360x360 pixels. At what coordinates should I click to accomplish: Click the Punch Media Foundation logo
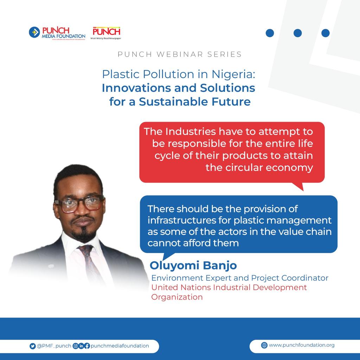(57, 33)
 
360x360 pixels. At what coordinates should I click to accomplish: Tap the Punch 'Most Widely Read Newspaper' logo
(106, 33)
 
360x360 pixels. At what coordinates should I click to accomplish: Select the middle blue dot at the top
(297, 33)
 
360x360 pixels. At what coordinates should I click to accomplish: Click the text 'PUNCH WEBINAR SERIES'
(180, 54)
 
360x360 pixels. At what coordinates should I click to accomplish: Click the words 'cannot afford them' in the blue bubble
(193, 243)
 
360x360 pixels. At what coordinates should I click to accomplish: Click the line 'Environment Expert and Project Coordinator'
(240, 278)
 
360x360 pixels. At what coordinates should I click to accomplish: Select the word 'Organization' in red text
(177, 297)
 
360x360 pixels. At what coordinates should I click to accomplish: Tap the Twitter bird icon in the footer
(33, 346)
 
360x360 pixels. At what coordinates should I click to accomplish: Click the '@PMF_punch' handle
(54, 346)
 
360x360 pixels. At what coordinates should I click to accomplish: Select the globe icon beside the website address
(264, 345)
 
